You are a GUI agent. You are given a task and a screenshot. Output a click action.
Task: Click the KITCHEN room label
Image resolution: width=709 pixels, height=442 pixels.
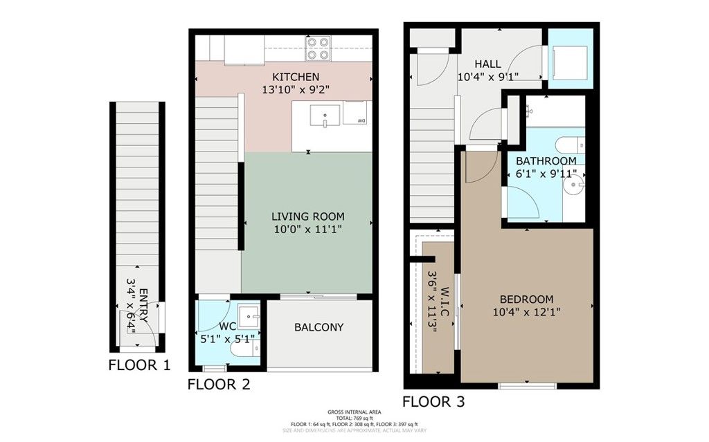pyautogui.click(x=296, y=77)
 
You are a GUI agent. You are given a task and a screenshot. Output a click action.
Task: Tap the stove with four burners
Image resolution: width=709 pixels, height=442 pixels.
pyautogui.click(x=318, y=48)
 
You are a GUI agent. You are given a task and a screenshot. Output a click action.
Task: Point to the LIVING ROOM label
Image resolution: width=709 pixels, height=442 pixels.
pyautogui.click(x=307, y=216)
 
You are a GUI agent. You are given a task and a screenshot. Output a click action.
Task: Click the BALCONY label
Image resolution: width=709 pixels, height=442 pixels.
pyautogui.click(x=318, y=327)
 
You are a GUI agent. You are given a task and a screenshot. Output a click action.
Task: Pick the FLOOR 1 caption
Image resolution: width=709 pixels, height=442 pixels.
pyautogui.click(x=139, y=366)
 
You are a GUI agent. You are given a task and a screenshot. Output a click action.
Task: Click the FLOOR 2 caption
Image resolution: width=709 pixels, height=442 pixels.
pyautogui.click(x=219, y=384)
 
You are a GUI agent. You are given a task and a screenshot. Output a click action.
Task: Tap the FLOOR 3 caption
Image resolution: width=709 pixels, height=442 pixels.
pyautogui.click(x=434, y=401)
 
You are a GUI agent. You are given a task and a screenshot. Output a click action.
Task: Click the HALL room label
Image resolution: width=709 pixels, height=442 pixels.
pyautogui.click(x=488, y=64)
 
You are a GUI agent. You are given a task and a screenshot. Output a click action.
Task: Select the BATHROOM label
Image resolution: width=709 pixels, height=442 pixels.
pyautogui.click(x=546, y=161)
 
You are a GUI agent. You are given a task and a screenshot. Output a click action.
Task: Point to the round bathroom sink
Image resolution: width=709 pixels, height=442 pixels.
pyautogui.click(x=575, y=186)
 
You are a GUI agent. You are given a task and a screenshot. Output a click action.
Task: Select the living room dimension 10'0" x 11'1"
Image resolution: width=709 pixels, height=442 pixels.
pyautogui.click(x=307, y=228)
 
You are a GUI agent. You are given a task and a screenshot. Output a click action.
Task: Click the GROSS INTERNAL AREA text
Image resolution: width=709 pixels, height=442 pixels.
pyautogui.click(x=354, y=412)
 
